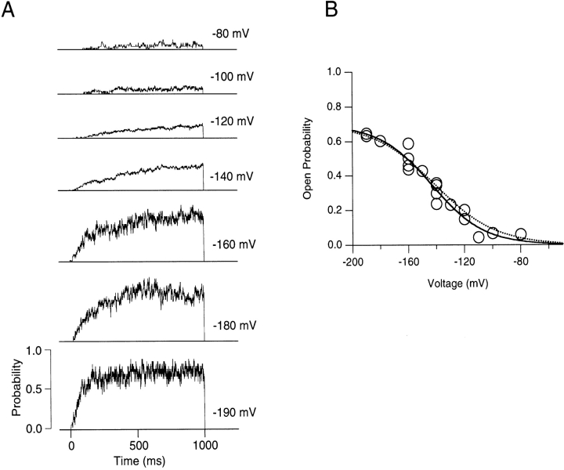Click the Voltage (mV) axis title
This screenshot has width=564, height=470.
pyautogui.click(x=454, y=283)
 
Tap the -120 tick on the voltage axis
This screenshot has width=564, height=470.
pyautogui.click(x=465, y=260)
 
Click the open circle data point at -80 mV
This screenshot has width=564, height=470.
pyautogui.click(x=521, y=233)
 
